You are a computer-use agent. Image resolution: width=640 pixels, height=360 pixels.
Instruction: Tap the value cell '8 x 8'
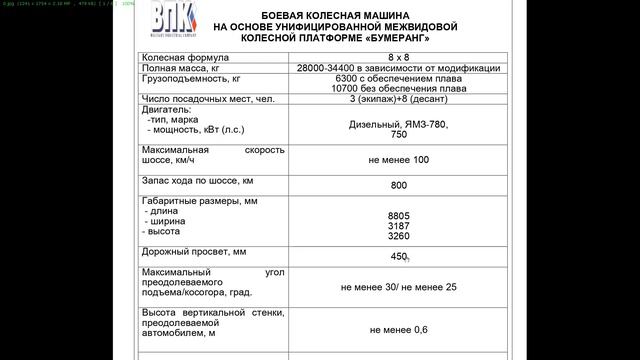398,57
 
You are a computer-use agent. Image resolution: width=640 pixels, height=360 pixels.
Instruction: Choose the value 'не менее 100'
398,160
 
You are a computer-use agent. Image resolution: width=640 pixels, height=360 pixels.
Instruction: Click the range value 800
399,186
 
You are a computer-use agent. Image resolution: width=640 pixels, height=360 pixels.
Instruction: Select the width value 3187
398,226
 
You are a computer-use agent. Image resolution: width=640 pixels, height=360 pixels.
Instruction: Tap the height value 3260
398,237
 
